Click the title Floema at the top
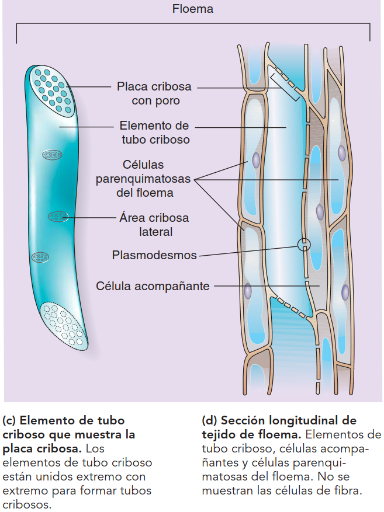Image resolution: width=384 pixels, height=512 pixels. pos(193,9)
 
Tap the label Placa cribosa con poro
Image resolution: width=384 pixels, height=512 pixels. pos(154,93)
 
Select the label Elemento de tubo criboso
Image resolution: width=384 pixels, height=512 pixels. pos(155,133)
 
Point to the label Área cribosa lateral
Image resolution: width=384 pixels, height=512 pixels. pos(154,225)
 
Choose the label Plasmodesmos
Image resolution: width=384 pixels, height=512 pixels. pos(154,255)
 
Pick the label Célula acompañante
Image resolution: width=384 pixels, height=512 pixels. pos(153,286)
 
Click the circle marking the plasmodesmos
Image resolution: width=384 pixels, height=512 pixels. pos(303,245)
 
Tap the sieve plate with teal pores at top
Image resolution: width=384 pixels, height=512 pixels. pos(51,89)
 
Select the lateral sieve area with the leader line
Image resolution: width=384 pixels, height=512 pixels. pos(58,217)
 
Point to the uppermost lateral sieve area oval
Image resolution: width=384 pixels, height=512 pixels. pos(52,154)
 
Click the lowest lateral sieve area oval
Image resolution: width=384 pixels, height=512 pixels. pos(40,256)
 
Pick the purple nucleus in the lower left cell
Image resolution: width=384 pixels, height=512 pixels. pos(248,290)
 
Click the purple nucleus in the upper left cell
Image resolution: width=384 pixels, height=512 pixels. pos(256,161)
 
